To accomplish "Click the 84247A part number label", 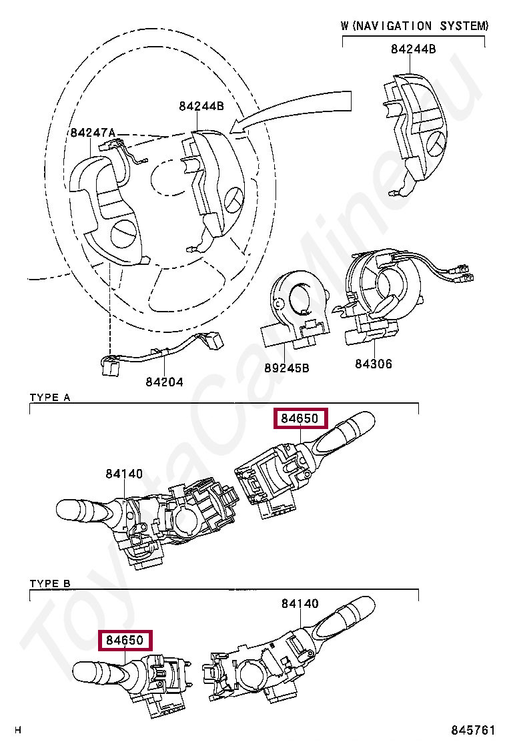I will click(x=93, y=133).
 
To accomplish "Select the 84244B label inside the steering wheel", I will click(x=201, y=106).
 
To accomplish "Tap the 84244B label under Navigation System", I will click(x=413, y=49).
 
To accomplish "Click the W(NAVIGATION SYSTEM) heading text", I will click(x=414, y=26).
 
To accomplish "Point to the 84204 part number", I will click(x=164, y=382).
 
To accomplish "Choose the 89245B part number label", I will click(x=287, y=367).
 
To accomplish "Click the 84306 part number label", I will click(x=374, y=364).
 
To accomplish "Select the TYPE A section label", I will click(x=50, y=398).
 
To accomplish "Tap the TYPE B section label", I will click(x=50, y=584).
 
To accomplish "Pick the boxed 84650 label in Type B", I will click(x=125, y=640).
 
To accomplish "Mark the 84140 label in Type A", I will click(x=123, y=474).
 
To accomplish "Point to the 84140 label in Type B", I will click(x=300, y=603).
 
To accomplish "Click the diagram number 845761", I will click(x=473, y=730).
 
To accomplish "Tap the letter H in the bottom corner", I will click(x=18, y=730).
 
